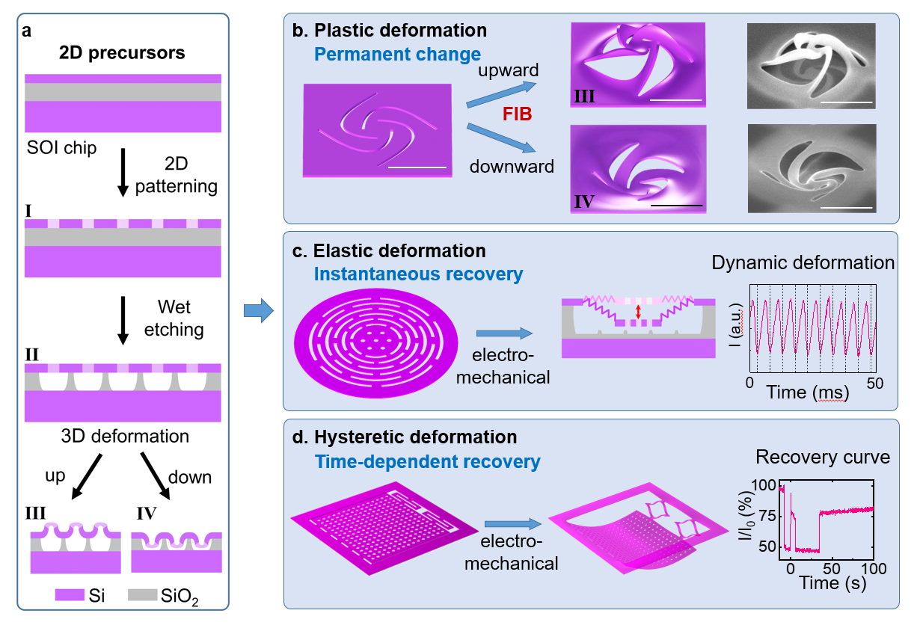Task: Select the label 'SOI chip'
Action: click(x=61, y=148)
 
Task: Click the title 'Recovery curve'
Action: click(x=823, y=457)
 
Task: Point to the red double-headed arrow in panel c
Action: click(x=637, y=313)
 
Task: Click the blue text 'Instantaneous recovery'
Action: click(x=417, y=274)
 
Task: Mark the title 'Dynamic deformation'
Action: click(x=803, y=263)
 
